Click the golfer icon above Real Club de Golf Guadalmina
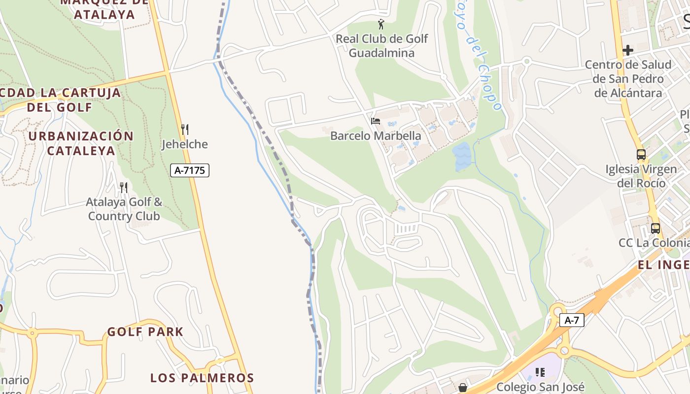click(x=380, y=24)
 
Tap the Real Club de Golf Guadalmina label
click(x=381, y=46)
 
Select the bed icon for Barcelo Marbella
click(x=376, y=121)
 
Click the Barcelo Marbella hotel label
click(x=376, y=136)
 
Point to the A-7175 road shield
click(x=190, y=170)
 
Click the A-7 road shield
click(x=572, y=320)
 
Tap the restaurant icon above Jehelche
click(x=185, y=130)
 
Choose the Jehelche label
click(x=185, y=144)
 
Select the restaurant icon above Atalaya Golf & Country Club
click(x=124, y=187)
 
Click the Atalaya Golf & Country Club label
click(x=124, y=209)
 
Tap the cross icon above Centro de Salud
click(x=627, y=50)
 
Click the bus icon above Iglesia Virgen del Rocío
click(x=641, y=155)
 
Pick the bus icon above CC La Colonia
click(x=655, y=229)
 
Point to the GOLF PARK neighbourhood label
click(x=145, y=332)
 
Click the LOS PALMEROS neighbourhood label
click(x=202, y=378)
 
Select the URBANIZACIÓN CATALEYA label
click(x=81, y=143)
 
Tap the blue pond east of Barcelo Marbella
click(x=462, y=156)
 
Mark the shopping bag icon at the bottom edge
click(x=462, y=388)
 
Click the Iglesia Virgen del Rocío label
click(x=641, y=176)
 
